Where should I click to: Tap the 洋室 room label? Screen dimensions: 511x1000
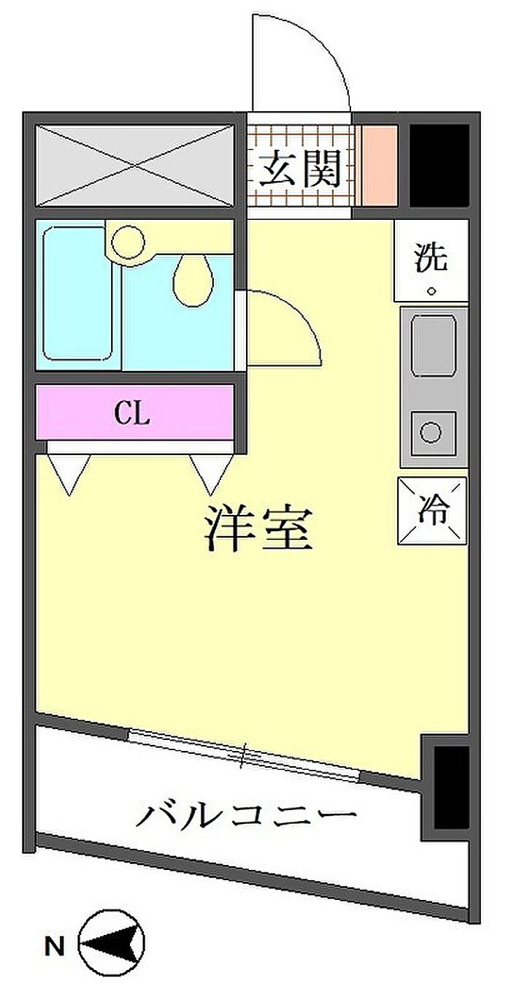(x=258, y=529)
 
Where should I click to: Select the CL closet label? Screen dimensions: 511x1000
(x=132, y=413)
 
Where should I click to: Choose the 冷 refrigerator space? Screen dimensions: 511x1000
(x=432, y=511)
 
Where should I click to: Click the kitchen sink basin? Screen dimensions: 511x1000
(x=434, y=345)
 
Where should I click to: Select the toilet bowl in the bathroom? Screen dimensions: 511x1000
(x=193, y=280)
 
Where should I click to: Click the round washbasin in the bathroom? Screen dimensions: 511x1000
(x=128, y=243)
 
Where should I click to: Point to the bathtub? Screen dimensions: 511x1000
(x=77, y=294)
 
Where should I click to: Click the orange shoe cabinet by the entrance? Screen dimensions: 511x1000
(x=380, y=166)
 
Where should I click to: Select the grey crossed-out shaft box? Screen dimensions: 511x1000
(x=135, y=166)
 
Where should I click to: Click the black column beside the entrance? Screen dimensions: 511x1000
(x=439, y=166)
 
